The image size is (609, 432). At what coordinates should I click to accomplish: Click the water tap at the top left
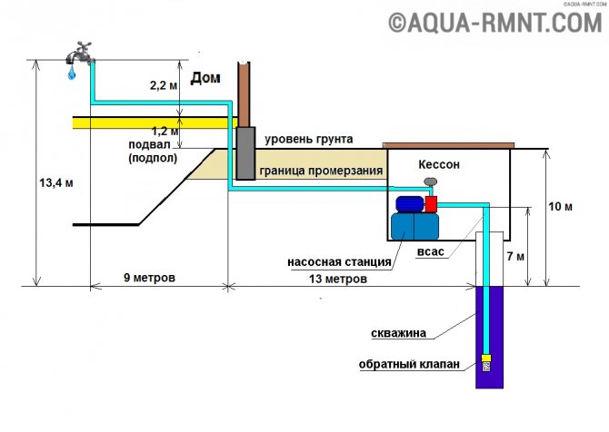click(x=80, y=53)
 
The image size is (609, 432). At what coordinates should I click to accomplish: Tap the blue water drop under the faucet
click(x=72, y=73)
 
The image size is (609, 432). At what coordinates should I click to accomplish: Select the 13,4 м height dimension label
click(x=56, y=182)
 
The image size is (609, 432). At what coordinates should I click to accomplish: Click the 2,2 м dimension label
click(x=164, y=85)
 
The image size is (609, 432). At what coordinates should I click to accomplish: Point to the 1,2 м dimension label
click(x=165, y=131)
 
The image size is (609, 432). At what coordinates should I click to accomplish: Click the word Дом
click(x=205, y=77)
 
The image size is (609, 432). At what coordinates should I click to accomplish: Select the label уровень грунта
click(x=309, y=139)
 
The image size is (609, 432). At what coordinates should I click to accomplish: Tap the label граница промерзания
click(x=321, y=171)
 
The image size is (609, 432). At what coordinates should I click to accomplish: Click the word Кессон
click(x=439, y=164)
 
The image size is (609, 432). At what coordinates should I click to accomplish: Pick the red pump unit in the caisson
click(x=431, y=204)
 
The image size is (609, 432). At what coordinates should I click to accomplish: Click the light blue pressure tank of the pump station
click(x=414, y=226)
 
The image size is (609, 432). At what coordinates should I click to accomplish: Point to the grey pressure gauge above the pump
click(x=431, y=182)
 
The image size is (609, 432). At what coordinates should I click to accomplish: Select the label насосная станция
click(x=339, y=261)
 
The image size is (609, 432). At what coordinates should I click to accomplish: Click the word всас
click(x=430, y=251)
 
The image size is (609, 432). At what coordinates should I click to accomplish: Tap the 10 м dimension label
click(x=560, y=206)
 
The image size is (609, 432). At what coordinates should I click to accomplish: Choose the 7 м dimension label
click(x=515, y=256)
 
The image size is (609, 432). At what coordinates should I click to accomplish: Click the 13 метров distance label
click(x=338, y=279)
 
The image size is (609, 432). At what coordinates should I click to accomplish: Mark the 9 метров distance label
click(x=150, y=278)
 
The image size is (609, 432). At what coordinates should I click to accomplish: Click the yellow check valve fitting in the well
click(x=486, y=358)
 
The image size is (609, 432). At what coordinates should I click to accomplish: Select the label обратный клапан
click(x=409, y=364)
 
